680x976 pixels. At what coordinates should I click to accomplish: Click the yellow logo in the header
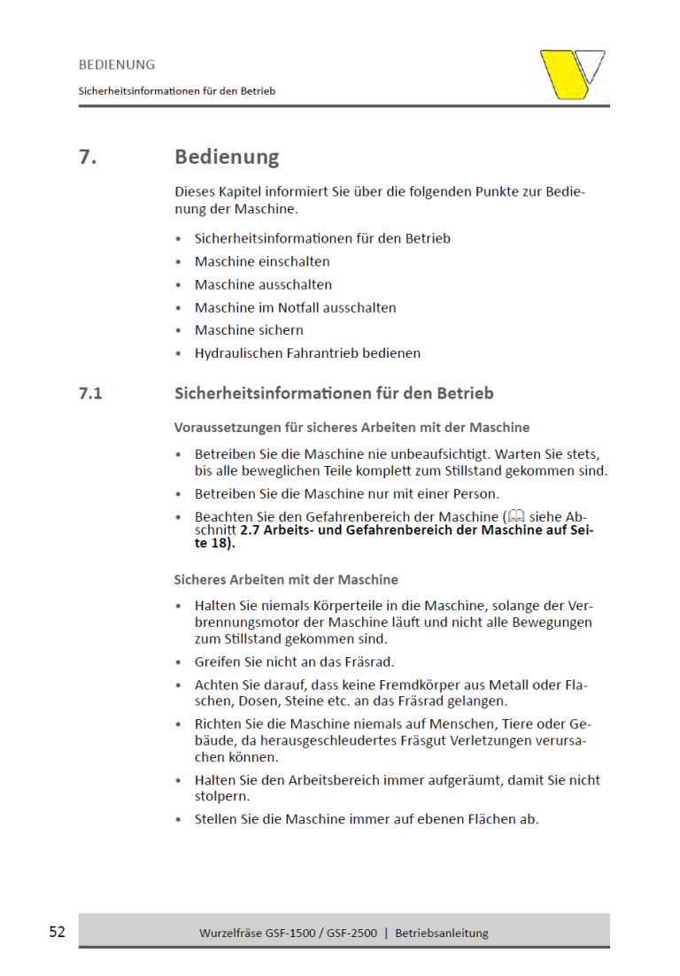(x=572, y=74)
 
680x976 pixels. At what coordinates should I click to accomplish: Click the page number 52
(x=57, y=932)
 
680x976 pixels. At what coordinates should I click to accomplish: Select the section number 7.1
(x=89, y=393)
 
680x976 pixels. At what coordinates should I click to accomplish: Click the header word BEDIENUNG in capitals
(x=116, y=65)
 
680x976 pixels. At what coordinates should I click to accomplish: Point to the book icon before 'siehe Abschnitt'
(x=516, y=516)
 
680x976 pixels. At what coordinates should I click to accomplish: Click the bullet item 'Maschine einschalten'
(x=262, y=261)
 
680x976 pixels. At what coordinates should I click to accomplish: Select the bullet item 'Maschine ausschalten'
(x=263, y=284)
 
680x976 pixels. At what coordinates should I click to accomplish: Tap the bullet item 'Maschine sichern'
(x=249, y=330)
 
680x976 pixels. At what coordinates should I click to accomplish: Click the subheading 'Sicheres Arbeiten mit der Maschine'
(x=286, y=580)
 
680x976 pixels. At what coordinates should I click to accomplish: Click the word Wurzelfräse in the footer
(x=234, y=933)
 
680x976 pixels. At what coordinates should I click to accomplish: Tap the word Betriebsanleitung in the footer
(x=441, y=933)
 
